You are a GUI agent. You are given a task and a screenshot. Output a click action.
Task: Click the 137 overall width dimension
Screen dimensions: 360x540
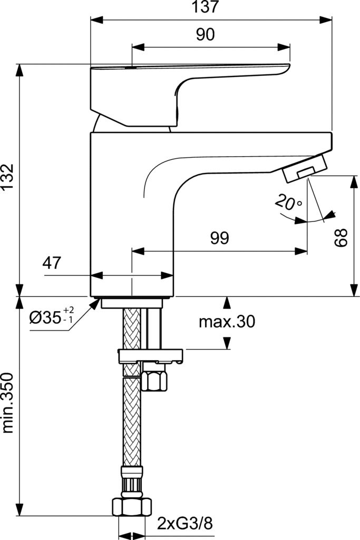(206, 7)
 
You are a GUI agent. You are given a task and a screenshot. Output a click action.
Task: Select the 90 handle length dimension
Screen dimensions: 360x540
(206, 34)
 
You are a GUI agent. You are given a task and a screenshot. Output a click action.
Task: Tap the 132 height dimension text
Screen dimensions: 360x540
(7, 176)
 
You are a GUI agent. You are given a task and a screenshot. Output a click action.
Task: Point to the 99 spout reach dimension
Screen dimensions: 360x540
(220, 238)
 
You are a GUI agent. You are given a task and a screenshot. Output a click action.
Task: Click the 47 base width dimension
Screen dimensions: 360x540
(52, 263)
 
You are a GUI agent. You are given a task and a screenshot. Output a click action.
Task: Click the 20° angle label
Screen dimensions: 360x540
(288, 202)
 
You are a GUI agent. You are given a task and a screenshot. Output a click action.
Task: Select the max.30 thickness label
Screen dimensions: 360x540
(227, 322)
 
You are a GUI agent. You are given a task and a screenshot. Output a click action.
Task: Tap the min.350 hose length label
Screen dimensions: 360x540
(7, 403)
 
